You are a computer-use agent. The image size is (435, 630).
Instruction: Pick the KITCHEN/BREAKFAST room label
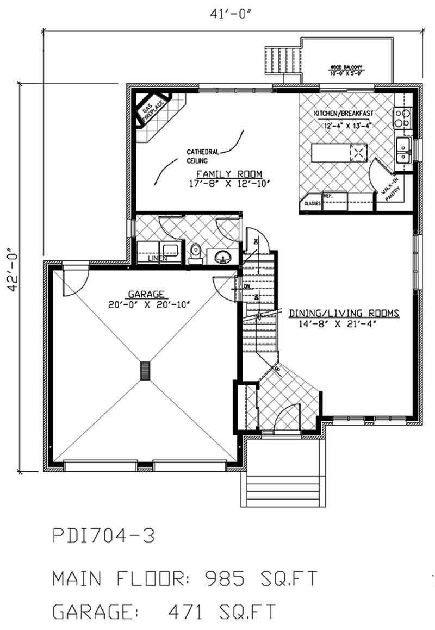tap(343, 113)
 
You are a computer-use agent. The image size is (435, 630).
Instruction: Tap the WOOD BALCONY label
tap(346, 69)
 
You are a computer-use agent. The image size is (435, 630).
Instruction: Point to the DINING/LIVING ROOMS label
tap(344, 313)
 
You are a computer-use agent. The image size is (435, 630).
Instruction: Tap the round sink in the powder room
tap(223, 257)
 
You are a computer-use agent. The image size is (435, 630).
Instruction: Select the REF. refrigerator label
tap(328, 195)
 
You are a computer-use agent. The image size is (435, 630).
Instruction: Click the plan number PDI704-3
tap(103, 537)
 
